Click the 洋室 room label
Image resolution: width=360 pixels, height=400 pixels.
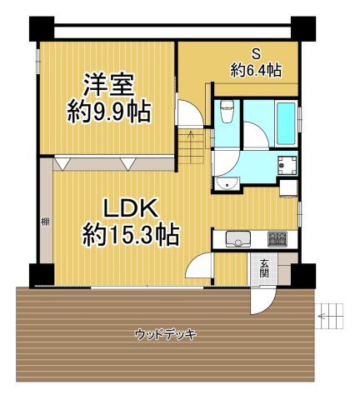(108, 86)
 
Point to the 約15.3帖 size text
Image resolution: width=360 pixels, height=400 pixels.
(130, 235)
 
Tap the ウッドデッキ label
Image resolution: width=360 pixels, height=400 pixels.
(166, 335)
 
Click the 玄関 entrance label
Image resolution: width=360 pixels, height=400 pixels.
(264, 268)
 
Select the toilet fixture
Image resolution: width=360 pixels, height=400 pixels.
(225, 112)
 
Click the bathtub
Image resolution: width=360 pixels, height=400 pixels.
(282, 121)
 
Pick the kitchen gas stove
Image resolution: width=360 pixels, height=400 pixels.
(277, 240)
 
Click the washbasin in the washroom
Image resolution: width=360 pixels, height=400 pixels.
(224, 182)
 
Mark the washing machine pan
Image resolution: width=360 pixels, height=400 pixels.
(287, 165)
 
